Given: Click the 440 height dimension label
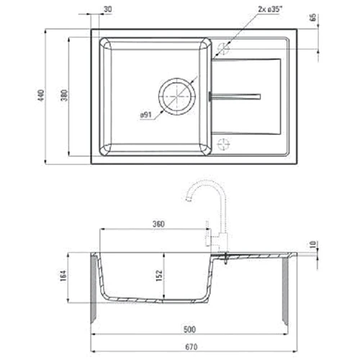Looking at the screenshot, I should pyautogui.click(x=42, y=94).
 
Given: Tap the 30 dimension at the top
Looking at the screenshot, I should pyautogui.click(x=108, y=9).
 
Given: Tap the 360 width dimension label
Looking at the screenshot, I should pyautogui.click(x=159, y=224).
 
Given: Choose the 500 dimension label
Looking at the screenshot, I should pyautogui.click(x=189, y=330).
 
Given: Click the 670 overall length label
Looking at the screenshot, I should pyautogui.click(x=189, y=348).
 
